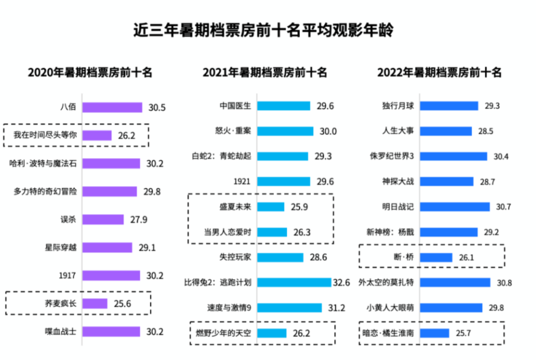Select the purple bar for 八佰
[x=112, y=107]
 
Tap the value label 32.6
[x=341, y=283]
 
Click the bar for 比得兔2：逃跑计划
[x=294, y=283]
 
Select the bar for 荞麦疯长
[x=95, y=303]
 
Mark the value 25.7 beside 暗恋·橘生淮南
[x=464, y=333]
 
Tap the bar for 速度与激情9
[x=290, y=308]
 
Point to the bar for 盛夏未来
[x=271, y=207]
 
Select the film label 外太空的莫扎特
[x=386, y=283]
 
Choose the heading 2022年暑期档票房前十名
[x=439, y=72]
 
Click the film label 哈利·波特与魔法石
[x=45, y=163]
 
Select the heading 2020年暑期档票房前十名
[x=90, y=72]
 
